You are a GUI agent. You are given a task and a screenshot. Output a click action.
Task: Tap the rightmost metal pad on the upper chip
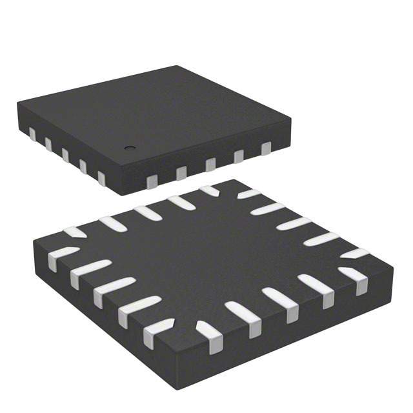coord(266,149)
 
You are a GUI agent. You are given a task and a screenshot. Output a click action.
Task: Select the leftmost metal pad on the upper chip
coord(32,134)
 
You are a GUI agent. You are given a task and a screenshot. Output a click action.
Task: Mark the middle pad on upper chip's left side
coord(65,155)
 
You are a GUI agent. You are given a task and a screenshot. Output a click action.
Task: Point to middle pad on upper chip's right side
coord(210,164)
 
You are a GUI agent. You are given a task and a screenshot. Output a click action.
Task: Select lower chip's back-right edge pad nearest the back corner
coord(247,193)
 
